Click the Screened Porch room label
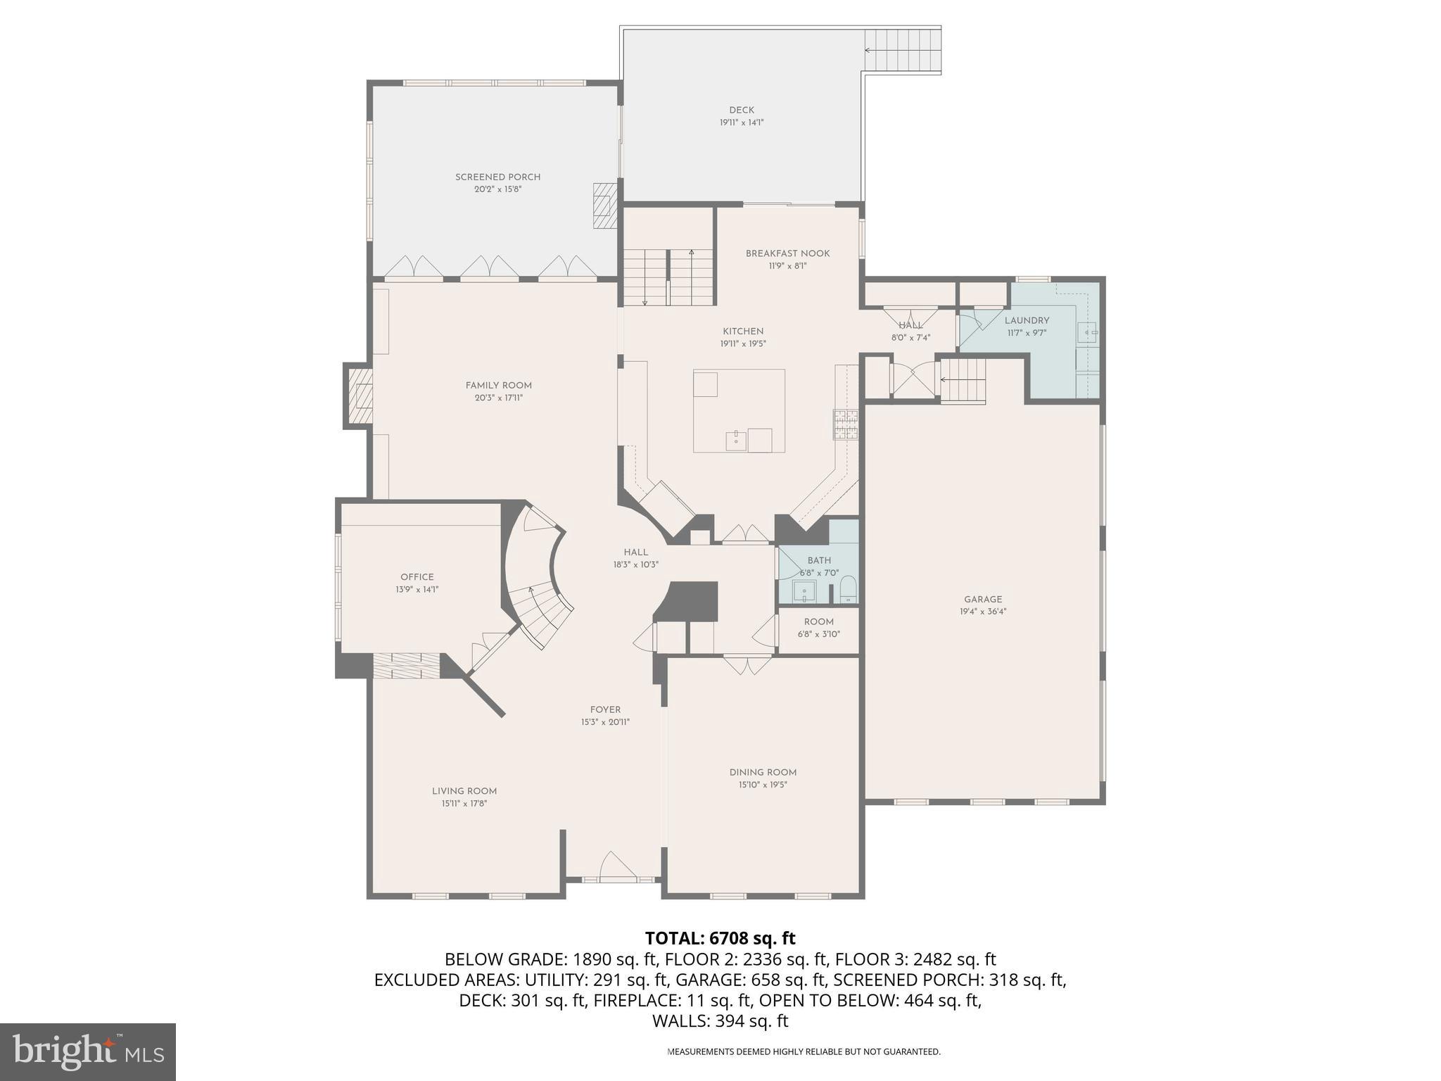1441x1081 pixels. pyautogui.click(x=497, y=177)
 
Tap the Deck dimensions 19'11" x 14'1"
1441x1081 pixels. pyautogui.click(x=741, y=122)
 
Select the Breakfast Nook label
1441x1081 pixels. pyautogui.click(x=787, y=253)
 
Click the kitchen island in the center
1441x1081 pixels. pyautogui.click(x=739, y=410)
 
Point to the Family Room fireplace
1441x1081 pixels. pyautogui.click(x=359, y=396)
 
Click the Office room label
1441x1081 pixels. pyautogui.click(x=417, y=577)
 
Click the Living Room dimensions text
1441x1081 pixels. pyautogui.click(x=464, y=804)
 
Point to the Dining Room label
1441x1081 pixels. pyautogui.click(x=763, y=772)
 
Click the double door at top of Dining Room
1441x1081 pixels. pyautogui.click(x=747, y=664)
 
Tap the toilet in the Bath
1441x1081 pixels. pyautogui.click(x=848, y=588)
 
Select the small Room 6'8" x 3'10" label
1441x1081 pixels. pyautogui.click(x=818, y=621)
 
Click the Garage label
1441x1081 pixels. pyautogui.click(x=983, y=600)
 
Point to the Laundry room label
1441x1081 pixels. pyautogui.click(x=1027, y=320)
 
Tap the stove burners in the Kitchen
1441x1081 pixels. pyautogui.click(x=845, y=424)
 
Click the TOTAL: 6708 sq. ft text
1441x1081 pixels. pyautogui.click(x=720, y=938)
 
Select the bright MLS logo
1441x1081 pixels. pyautogui.click(x=87, y=1051)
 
